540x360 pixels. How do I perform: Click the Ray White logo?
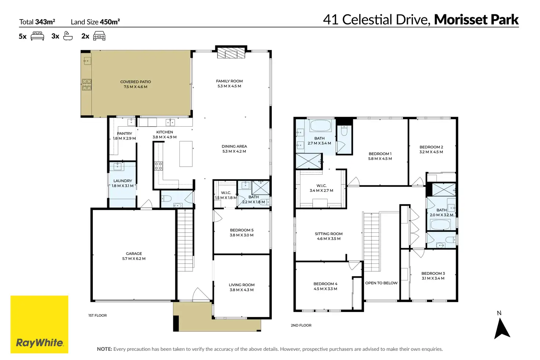39,324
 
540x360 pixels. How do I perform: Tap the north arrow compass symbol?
502,328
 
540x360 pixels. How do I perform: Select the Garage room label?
134,254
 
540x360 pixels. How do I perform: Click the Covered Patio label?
135,82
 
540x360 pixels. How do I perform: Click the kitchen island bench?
186,154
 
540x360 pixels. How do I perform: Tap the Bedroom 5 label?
241,230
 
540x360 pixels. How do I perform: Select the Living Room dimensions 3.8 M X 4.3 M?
241,290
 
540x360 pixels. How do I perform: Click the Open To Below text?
382,283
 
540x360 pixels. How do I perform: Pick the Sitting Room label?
329,234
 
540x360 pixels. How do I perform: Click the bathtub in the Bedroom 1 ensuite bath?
320,126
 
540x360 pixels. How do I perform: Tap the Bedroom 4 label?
325,284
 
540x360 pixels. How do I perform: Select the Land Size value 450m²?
110,22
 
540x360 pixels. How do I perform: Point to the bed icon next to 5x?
37,36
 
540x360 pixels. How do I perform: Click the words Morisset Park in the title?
477,19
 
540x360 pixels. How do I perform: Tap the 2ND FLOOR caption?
301,325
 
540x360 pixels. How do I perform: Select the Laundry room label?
123,181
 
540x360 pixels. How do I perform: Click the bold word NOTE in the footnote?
105,349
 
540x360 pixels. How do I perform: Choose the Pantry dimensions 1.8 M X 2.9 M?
124,138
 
